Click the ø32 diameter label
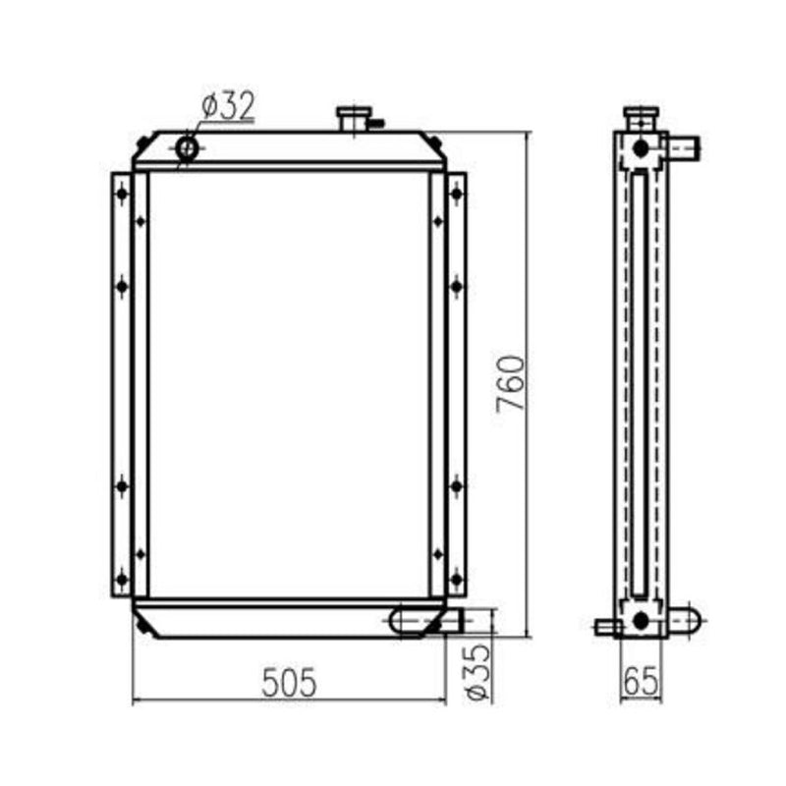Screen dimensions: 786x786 pos(228,105)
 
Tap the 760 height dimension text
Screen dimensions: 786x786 pos(512,383)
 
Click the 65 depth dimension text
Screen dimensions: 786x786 pos(641,681)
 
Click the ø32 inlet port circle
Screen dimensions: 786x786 pos(187,148)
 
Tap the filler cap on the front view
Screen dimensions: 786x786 pos(352,119)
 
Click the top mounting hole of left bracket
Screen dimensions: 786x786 pos(122,194)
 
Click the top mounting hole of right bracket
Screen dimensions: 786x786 pos(456,194)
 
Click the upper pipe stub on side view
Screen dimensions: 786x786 pos(684,148)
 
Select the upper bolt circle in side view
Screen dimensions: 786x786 pos(641,148)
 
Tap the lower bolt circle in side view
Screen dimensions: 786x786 pos(641,620)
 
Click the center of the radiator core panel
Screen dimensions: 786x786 pos(289,385)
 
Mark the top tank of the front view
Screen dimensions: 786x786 pos(289,149)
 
